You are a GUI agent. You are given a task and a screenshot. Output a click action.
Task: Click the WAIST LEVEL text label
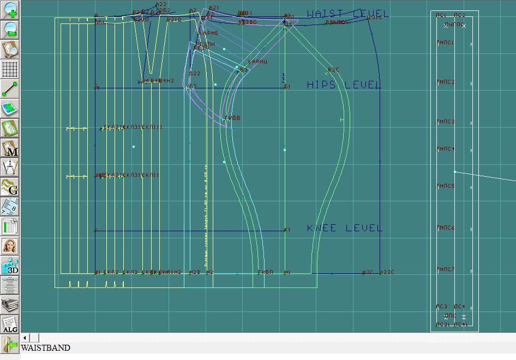[x=347, y=14]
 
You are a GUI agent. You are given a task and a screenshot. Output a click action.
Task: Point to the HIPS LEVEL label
[x=344, y=85]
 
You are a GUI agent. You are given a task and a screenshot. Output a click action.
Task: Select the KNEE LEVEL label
[x=344, y=228]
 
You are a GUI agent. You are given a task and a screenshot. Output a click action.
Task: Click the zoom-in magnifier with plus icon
[x=10, y=10]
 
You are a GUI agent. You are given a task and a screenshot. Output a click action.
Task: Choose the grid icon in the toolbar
[x=10, y=69]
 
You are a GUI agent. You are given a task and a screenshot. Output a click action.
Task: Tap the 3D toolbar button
[x=10, y=266]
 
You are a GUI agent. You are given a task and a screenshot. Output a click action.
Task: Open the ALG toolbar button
[x=10, y=325]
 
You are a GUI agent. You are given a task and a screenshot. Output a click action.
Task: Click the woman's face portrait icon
[x=10, y=246]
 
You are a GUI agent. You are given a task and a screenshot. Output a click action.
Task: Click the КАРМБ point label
[x=208, y=34]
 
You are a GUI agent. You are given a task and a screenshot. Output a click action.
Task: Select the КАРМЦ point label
[x=257, y=62]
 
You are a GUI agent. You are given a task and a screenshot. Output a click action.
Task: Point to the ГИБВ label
[x=232, y=118]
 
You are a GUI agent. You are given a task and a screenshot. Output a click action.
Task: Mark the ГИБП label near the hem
[x=265, y=272]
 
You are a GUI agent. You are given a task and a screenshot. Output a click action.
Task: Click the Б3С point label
[x=333, y=70]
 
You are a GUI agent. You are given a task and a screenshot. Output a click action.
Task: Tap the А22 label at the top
[x=161, y=4]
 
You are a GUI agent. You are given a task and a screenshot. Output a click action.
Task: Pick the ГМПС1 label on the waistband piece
[x=445, y=43]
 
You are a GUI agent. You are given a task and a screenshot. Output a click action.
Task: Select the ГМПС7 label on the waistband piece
[x=445, y=269]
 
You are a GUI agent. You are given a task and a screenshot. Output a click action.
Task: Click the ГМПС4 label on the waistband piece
[x=445, y=149]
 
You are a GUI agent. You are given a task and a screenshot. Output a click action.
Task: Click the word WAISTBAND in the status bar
[x=46, y=347]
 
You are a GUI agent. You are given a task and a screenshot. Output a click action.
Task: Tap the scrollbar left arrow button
[x=25, y=338]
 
